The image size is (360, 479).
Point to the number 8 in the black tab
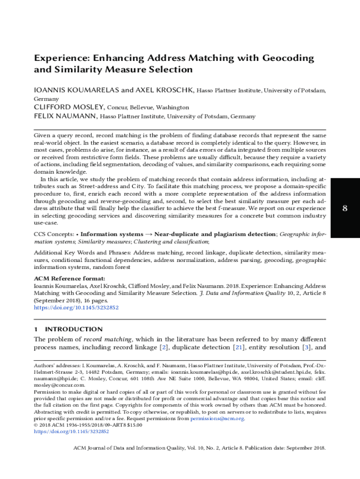[x=345, y=208]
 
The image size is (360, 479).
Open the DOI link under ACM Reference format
[x=76, y=308]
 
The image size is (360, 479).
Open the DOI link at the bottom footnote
[x=71, y=432]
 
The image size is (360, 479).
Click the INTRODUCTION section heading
[x=74, y=329]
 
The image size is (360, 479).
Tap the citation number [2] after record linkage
[x=164, y=348]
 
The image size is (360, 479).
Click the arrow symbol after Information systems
[x=149, y=234]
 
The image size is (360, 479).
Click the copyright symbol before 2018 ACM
[x=36, y=425]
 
